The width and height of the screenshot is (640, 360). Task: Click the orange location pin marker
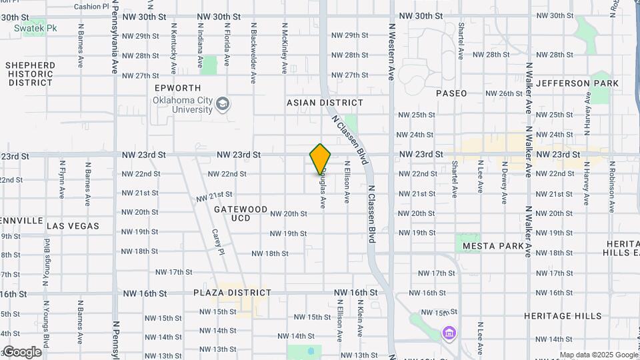click(x=320, y=159)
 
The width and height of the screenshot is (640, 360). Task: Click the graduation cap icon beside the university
click(x=223, y=104)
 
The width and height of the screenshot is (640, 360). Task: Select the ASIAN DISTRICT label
click(x=325, y=103)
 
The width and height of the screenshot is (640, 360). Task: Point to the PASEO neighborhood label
click(x=451, y=93)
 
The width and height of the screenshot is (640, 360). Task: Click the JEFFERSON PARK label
click(x=577, y=83)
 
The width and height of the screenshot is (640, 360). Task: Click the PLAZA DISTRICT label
click(x=232, y=293)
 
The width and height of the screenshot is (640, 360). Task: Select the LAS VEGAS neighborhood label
click(x=73, y=226)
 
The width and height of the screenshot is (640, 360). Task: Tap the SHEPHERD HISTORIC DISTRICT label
click(x=30, y=74)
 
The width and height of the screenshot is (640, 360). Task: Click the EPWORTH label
click(x=177, y=88)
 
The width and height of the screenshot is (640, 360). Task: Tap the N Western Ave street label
click(x=391, y=54)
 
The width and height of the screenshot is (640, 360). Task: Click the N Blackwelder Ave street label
click(x=253, y=53)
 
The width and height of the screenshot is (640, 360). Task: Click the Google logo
click(x=21, y=352)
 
